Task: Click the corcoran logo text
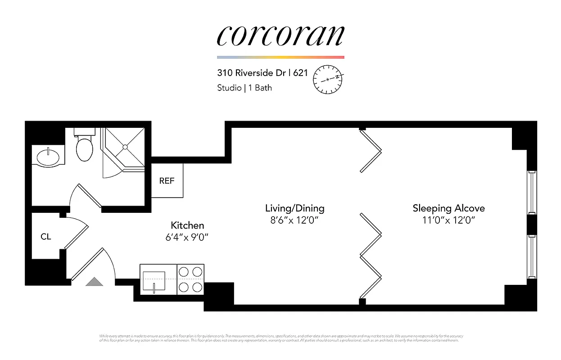click(280, 36)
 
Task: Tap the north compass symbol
click(328, 79)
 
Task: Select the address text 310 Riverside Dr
click(253, 73)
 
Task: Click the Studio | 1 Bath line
click(244, 88)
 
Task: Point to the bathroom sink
click(48, 157)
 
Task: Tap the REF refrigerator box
click(167, 181)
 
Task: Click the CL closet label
click(46, 237)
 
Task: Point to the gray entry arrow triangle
click(95, 282)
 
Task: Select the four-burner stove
click(190, 279)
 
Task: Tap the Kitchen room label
click(187, 225)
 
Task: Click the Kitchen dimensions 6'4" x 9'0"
click(187, 237)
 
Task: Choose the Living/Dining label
click(294, 208)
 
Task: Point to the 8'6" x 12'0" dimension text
click(294, 220)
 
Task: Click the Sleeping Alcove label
click(448, 208)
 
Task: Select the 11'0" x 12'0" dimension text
click(448, 220)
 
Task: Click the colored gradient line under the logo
click(280, 58)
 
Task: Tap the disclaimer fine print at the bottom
click(280, 338)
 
